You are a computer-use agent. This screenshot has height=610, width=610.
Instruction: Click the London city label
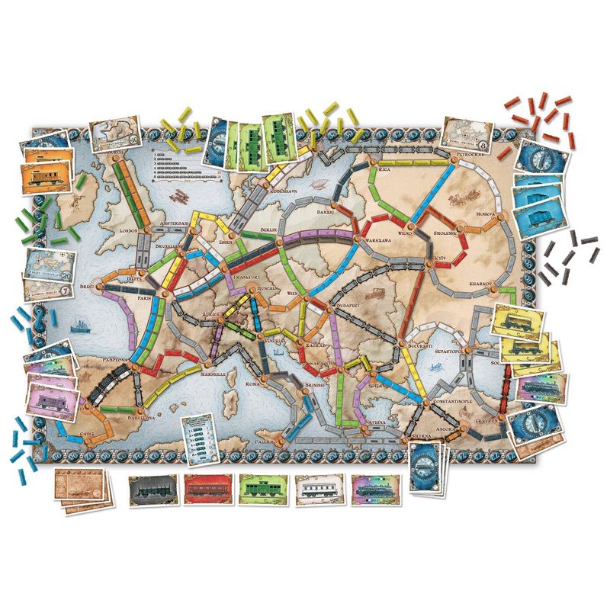pos(127,229)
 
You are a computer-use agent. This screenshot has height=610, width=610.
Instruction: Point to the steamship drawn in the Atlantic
pos(80,323)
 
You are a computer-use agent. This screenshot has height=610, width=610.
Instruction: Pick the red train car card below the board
pos(206,490)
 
